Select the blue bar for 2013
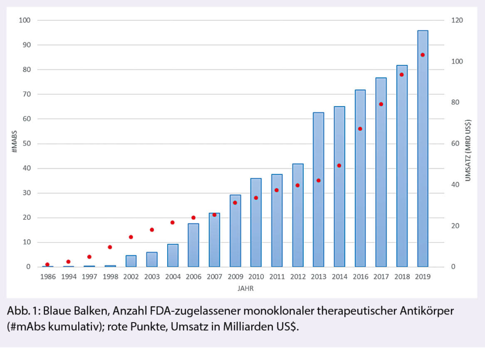[x=318, y=189]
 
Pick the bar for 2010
[x=256, y=223]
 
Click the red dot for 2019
[x=422, y=55]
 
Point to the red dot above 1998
[x=110, y=247]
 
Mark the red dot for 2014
[x=339, y=166]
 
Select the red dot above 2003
[x=152, y=230]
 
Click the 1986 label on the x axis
[x=47, y=277]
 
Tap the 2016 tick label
[x=360, y=277]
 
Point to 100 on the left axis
[x=25, y=20]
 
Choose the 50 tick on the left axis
[x=27, y=144]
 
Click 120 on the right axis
[x=457, y=20]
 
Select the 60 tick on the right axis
[x=455, y=144]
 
